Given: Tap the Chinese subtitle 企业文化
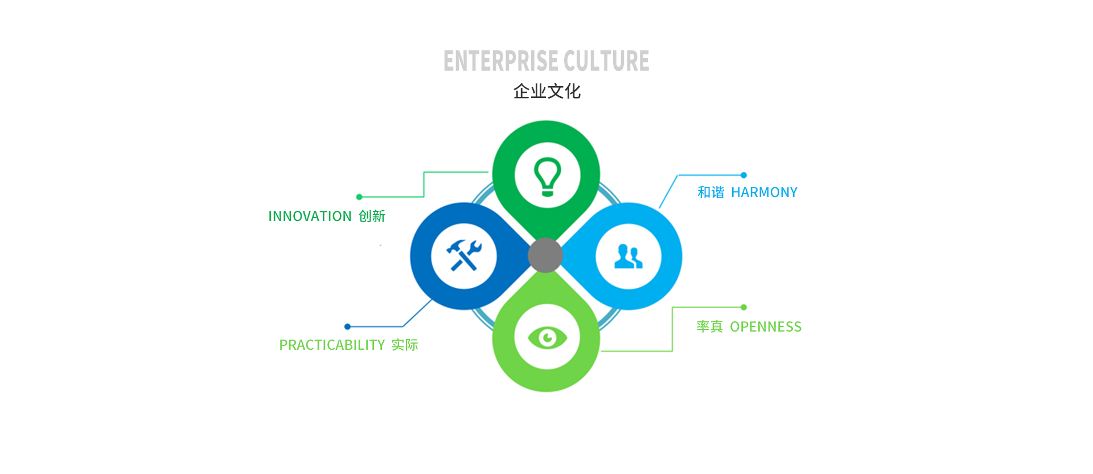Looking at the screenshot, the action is tap(546, 91).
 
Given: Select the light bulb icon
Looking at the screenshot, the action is tap(548, 177).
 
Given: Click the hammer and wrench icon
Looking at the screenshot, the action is tap(464, 255).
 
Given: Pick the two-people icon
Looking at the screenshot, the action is tap(628, 256).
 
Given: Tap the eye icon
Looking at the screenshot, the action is tap(548, 338).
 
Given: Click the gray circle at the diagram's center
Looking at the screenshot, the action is tap(545, 255).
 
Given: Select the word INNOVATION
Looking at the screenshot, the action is tap(310, 216).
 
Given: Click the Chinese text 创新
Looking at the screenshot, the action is tap(372, 216).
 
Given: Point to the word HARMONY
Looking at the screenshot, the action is tap(764, 193).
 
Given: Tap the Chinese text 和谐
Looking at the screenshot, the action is tap(711, 193).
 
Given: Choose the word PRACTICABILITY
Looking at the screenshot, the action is tap(332, 345).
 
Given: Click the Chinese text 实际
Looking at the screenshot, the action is tap(405, 345).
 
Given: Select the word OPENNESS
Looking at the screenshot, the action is tap(766, 327).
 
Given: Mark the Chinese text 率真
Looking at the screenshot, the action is tap(709, 327).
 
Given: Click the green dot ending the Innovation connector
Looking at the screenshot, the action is tap(359, 197).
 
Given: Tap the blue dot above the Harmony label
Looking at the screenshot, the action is tap(743, 175).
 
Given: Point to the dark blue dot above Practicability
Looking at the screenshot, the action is tap(347, 326).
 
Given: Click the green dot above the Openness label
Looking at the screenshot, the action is tap(743, 307).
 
